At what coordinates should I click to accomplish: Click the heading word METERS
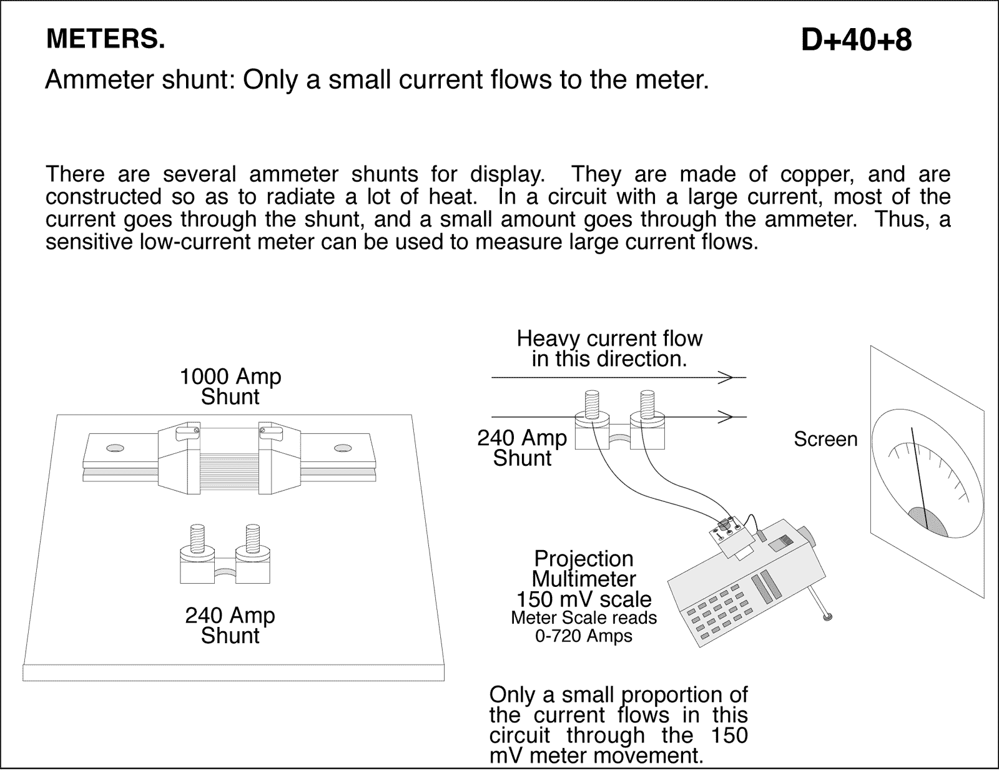(106, 39)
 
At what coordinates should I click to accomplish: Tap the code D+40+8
(856, 41)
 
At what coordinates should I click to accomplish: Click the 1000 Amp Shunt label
(230, 386)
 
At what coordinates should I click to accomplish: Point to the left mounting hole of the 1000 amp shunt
(115, 448)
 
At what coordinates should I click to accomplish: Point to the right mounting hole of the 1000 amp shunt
(342, 448)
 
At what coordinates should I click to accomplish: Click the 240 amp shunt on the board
(225, 556)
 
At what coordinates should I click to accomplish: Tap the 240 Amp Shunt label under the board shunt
(230, 625)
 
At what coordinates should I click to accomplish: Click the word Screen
(825, 440)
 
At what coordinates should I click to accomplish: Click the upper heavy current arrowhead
(726, 378)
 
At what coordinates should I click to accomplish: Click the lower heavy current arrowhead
(726, 416)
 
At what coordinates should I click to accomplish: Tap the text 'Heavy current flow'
(609, 339)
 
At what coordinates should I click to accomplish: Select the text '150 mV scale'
(584, 599)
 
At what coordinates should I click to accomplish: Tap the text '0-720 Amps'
(584, 636)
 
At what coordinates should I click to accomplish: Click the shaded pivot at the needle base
(927, 521)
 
